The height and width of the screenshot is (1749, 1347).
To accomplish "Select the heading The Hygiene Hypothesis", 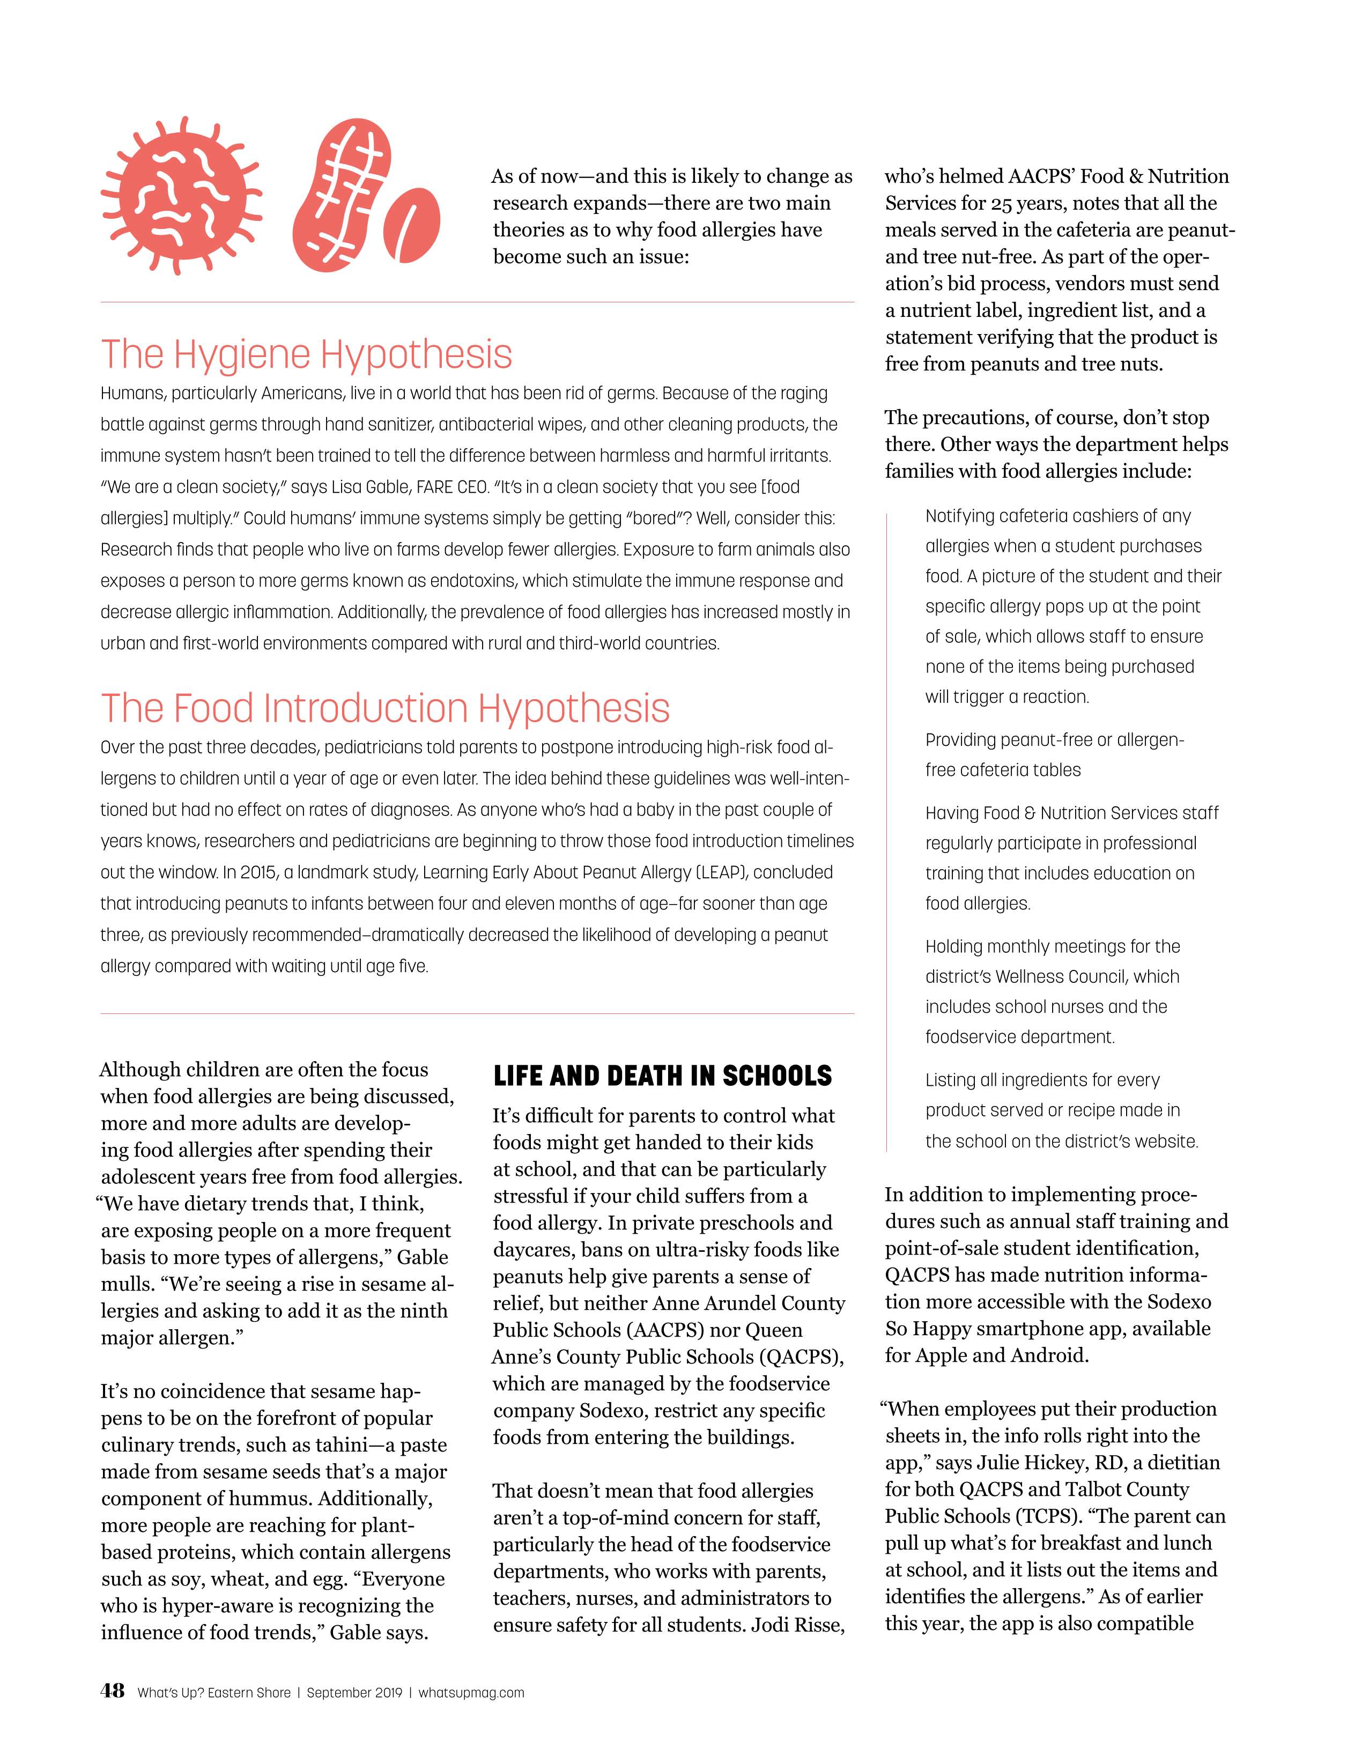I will tap(306, 354).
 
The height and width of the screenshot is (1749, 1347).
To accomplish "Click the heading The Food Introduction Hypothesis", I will tap(384, 708).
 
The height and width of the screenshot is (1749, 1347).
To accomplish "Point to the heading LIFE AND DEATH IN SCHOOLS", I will tap(662, 1076).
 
